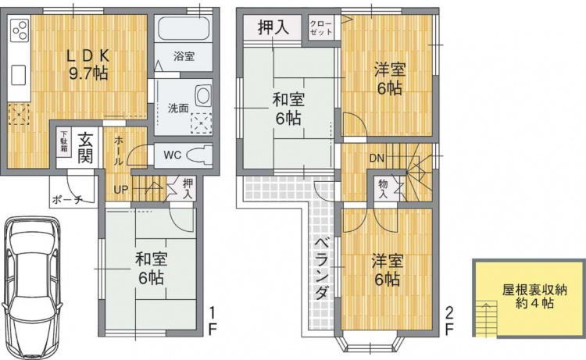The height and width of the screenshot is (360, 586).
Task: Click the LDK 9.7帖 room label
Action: [x=88, y=65]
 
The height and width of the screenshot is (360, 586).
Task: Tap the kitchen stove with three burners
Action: [x=20, y=30]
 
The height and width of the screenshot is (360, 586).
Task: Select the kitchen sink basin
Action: [x=18, y=75]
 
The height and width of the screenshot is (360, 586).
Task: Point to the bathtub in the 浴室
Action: [x=184, y=29]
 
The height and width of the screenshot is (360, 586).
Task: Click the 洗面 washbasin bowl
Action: [x=203, y=94]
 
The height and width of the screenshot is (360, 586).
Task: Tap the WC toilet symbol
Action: [x=199, y=155]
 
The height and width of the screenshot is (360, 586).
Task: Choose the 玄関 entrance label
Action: [x=86, y=147]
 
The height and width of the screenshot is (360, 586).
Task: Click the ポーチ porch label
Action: [x=68, y=200]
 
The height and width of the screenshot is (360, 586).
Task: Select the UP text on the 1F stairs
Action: [x=120, y=190]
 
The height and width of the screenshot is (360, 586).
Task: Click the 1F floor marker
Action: [x=212, y=321]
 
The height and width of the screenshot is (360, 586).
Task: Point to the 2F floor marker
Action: [x=449, y=321]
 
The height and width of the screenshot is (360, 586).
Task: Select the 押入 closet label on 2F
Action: [x=273, y=27]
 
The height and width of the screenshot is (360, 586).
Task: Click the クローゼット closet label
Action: [x=321, y=28]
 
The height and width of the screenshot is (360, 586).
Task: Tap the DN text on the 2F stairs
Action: [x=377, y=159]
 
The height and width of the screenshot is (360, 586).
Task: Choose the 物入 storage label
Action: [x=383, y=189]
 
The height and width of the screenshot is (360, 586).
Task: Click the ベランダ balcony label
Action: [x=321, y=269]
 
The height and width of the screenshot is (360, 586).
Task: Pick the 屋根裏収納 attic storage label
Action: [x=534, y=290]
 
